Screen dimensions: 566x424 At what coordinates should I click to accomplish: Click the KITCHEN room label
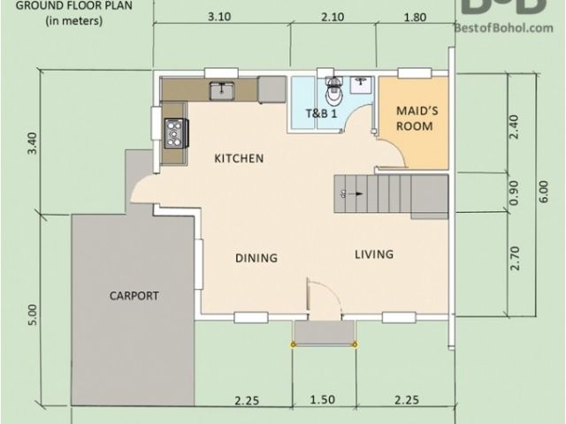(239, 158)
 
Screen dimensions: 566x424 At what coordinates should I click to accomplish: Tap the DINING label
(256, 258)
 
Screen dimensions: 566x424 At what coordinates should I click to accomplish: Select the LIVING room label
(374, 254)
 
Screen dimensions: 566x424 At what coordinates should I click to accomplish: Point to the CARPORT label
(134, 296)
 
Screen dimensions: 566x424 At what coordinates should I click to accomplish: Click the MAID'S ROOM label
(417, 118)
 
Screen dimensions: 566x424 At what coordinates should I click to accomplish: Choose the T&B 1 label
(321, 113)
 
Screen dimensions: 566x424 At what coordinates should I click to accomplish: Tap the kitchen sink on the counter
(222, 91)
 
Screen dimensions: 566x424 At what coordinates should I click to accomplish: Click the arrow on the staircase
(357, 194)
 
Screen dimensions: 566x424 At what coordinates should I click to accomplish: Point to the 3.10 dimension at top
(219, 17)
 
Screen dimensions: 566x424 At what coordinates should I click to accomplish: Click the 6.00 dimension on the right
(544, 192)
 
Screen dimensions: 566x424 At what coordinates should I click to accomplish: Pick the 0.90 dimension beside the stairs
(515, 193)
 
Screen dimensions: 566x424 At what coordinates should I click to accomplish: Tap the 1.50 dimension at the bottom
(322, 399)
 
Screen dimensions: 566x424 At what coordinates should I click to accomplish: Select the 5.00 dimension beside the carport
(32, 314)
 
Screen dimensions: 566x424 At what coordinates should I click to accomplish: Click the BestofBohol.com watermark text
(503, 27)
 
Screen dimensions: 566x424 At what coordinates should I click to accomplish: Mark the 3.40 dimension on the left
(32, 143)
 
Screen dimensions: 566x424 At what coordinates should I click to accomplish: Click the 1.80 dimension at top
(415, 18)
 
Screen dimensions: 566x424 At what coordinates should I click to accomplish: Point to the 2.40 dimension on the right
(515, 127)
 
